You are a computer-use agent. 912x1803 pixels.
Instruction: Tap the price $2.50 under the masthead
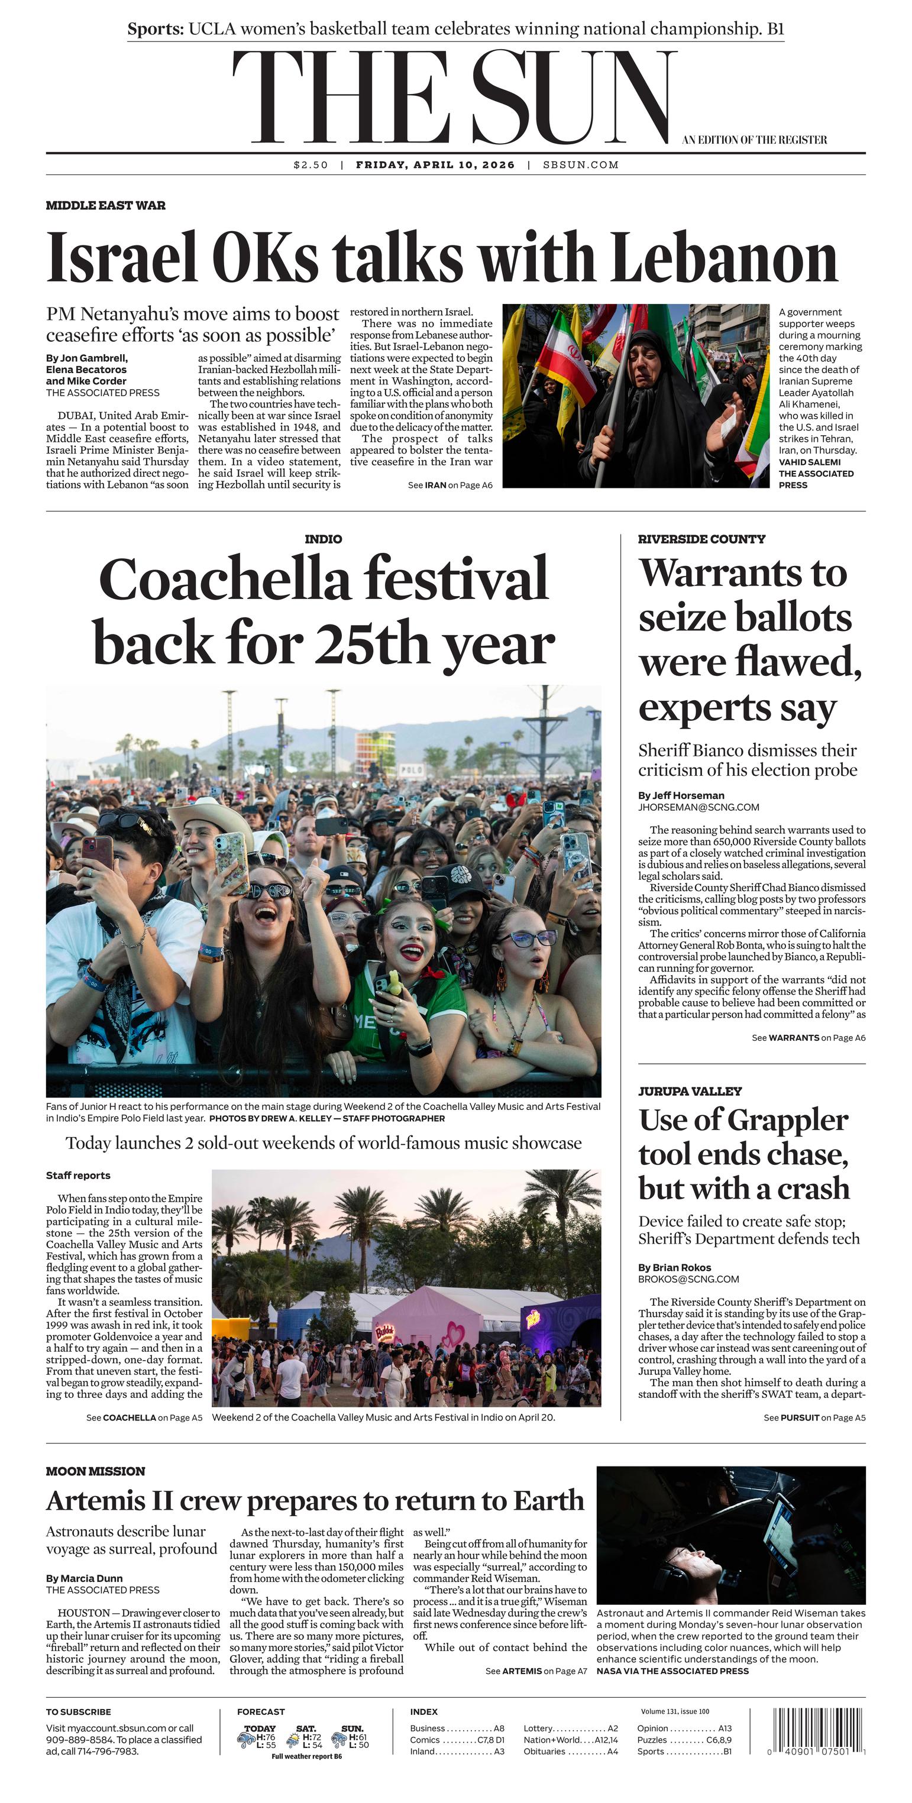(x=310, y=165)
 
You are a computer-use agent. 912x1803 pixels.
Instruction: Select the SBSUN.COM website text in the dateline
(x=580, y=165)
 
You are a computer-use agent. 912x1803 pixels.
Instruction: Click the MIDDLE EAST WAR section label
(x=106, y=205)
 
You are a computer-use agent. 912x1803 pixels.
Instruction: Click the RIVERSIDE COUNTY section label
(x=701, y=539)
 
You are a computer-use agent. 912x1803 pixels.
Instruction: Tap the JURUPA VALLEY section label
(x=690, y=1091)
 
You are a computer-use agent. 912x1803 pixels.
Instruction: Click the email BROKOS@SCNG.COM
(x=688, y=1278)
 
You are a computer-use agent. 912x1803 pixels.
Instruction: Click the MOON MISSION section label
(x=95, y=1471)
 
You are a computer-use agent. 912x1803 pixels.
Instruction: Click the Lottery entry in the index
(x=539, y=1728)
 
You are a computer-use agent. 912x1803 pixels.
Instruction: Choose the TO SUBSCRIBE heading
(x=79, y=1711)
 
